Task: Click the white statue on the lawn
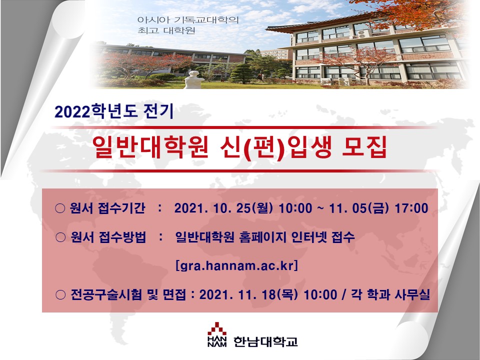click(x=193, y=79)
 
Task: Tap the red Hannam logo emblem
click(x=217, y=329)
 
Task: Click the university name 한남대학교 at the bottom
click(x=265, y=341)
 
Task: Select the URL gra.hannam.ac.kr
click(x=237, y=265)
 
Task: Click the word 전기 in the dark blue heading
click(x=158, y=111)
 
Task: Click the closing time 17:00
click(x=411, y=208)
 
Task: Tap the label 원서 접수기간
click(x=107, y=208)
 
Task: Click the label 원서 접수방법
click(x=108, y=237)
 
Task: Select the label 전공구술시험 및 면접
click(x=128, y=295)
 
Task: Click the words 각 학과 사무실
click(x=390, y=295)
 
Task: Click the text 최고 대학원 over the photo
click(x=166, y=30)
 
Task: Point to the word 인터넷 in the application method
click(x=308, y=237)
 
